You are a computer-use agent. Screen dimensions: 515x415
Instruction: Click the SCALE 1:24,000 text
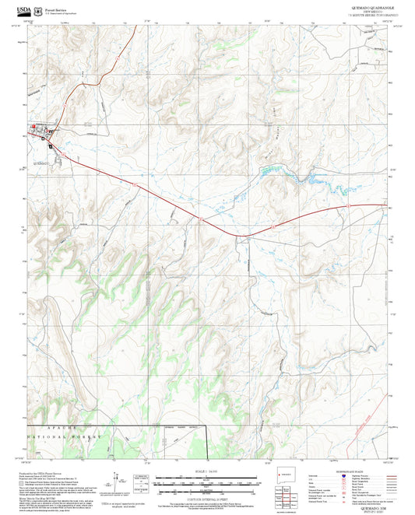point(207,471)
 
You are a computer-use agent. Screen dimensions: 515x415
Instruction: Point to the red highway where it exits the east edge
point(385,205)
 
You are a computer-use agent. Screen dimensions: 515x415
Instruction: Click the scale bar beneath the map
point(207,484)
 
